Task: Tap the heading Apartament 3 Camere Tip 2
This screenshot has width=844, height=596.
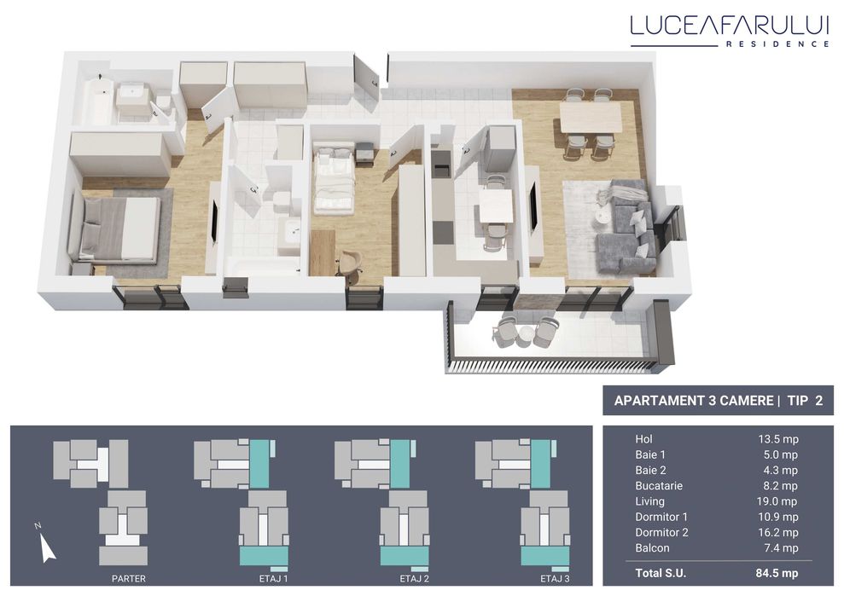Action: (718, 401)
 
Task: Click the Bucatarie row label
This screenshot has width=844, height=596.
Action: (659, 486)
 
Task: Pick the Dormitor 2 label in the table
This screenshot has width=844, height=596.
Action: (661, 533)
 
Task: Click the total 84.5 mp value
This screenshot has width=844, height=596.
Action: (778, 573)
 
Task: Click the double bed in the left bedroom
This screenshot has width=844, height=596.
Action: (117, 229)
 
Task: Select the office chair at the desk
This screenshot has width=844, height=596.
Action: (350, 263)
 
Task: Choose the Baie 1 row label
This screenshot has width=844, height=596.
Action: (650, 454)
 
